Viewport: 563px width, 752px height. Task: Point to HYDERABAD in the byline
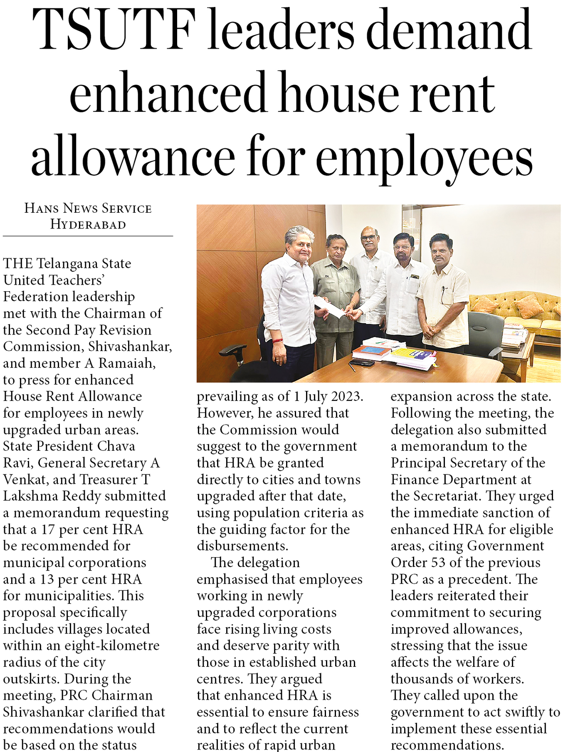[88, 225]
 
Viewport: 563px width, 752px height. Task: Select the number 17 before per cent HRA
[48, 529]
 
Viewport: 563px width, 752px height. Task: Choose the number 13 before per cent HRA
[47, 579]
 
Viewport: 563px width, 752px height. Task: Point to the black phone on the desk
[362, 364]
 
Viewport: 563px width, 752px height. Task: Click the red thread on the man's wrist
[278, 341]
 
